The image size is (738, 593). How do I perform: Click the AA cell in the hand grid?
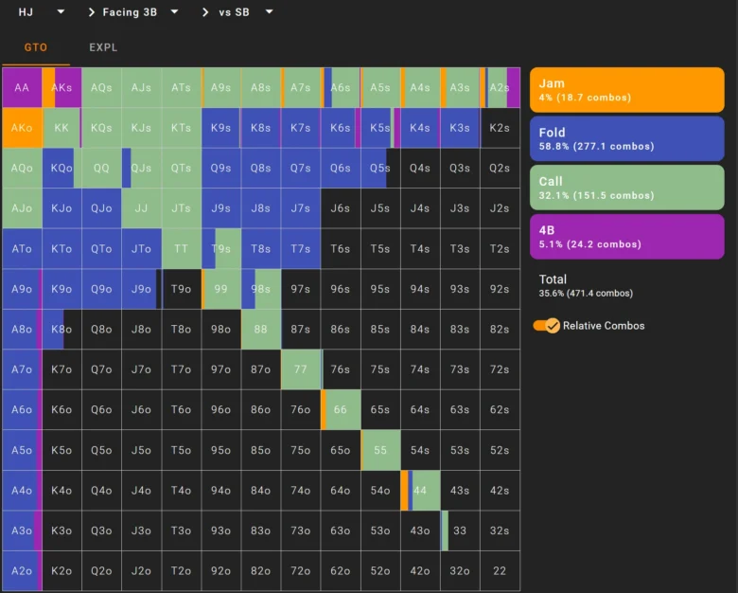click(x=22, y=88)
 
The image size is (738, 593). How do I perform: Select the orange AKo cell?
click(x=22, y=128)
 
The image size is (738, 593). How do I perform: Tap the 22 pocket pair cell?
click(x=500, y=571)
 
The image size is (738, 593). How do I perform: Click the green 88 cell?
click(x=261, y=329)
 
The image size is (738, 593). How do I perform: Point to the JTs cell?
click(x=182, y=208)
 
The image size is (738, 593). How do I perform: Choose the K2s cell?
click(x=500, y=128)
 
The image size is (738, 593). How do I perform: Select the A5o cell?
click(x=22, y=450)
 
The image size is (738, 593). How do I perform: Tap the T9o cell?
click(x=182, y=289)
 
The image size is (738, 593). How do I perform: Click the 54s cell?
click(x=420, y=450)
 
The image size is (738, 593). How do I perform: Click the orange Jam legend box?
click(x=627, y=90)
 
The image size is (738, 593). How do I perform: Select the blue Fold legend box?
click(x=627, y=138)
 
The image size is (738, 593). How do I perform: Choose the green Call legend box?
click(x=627, y=188)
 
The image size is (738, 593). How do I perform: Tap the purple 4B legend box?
click(x=627, y=237)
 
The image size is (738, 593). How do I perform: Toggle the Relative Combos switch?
click(x=547, y=326)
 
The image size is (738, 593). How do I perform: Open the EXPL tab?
click(x=103, y=47)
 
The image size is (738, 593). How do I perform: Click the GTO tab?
click(x=36, y=47)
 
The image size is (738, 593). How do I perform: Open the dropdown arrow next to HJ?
click(x=61, y=11)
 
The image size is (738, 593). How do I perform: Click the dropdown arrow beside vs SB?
click(x=270, y=11)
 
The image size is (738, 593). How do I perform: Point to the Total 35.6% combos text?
click(x=586, y=286)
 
